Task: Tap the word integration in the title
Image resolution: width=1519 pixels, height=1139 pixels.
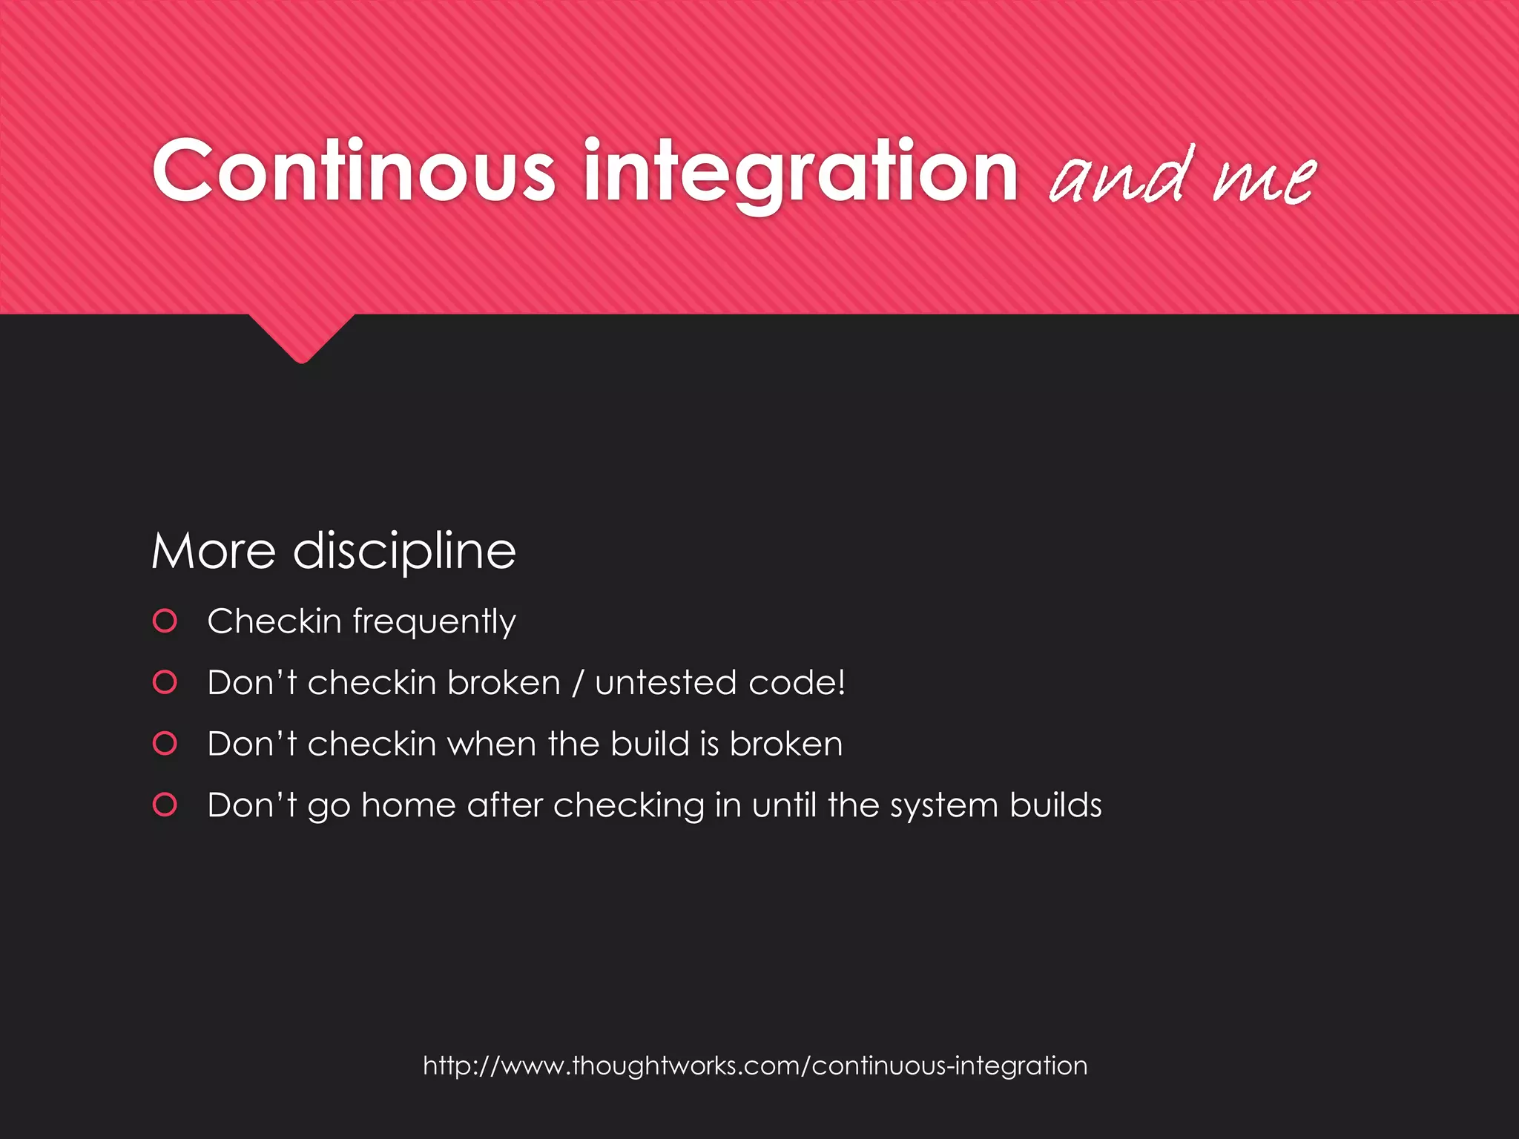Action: coord(801,174)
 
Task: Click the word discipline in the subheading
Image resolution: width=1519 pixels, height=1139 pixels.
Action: coord(404,552)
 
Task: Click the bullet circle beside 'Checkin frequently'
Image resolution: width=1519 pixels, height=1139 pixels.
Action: coord(165,621)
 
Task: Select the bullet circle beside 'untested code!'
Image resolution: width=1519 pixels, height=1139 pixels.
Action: coord(165,682)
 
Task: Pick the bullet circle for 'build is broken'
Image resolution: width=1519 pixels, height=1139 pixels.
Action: coord(165,743)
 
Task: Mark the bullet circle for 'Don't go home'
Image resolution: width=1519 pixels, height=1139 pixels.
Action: coord(165,805)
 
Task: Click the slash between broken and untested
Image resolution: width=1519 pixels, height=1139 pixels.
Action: coord(578,683)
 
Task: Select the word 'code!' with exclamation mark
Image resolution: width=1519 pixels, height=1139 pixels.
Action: coord(797,683)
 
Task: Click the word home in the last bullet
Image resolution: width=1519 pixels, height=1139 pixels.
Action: coord(408,805)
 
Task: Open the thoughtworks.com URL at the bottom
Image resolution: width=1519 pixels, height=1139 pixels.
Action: coord(755,1066)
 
